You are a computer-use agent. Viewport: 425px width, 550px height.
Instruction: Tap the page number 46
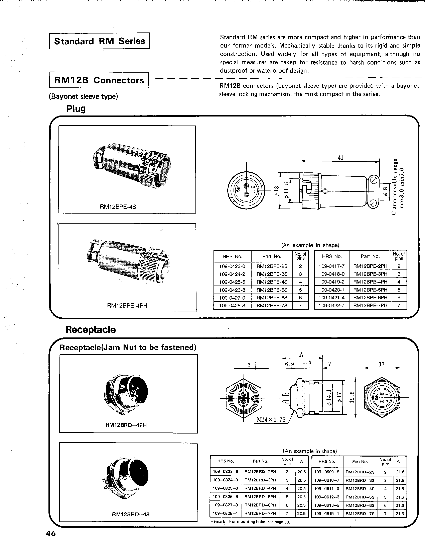50,534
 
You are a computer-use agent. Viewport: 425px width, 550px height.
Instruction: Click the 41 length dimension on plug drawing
340,158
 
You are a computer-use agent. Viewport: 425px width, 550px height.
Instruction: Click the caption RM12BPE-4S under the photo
118,207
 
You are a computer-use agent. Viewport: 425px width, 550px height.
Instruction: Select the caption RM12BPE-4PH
127,305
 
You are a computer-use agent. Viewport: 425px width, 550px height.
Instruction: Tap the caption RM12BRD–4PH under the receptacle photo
126,425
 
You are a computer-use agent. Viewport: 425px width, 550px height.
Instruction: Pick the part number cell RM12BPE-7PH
370,305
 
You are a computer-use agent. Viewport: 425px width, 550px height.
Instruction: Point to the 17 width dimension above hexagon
382,364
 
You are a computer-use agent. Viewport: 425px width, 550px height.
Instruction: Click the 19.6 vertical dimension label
352,397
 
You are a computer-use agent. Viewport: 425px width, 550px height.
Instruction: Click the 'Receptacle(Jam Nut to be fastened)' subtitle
128,347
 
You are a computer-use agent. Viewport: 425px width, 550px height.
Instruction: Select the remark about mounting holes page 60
250,522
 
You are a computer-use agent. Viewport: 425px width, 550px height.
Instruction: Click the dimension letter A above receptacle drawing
301,355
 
